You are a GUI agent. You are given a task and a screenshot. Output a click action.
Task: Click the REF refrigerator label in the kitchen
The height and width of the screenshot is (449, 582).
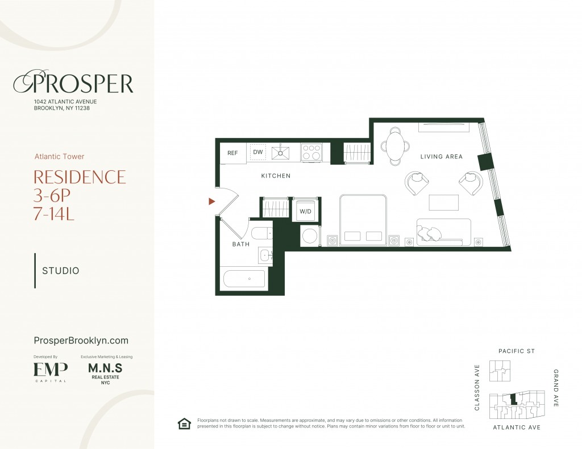pos(232,153)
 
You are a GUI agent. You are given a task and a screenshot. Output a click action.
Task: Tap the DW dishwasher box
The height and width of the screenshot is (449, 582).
pos(258,152)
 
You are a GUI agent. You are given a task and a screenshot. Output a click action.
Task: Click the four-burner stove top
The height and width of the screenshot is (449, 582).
pos(311,152)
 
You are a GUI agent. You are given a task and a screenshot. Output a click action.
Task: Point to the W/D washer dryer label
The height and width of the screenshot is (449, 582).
pos(305,212)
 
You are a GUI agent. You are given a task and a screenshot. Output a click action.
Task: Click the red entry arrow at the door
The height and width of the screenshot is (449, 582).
pos(211,201)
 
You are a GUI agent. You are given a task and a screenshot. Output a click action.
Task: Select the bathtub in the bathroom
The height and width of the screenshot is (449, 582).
pos(244,278)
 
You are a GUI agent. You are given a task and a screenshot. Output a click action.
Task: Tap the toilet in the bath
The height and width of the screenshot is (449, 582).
pos(262,234)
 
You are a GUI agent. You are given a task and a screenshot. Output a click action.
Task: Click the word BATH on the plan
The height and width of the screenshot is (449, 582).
pos(241,244)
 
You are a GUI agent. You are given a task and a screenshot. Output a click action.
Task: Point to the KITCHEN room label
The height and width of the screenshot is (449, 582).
pos(276,176)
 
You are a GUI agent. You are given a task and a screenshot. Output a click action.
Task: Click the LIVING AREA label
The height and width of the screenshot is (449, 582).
pos(442,157)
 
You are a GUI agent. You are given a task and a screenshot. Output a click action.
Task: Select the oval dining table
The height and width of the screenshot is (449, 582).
pos(395,145)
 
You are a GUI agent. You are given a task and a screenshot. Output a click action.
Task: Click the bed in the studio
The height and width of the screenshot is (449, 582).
pos(363,221)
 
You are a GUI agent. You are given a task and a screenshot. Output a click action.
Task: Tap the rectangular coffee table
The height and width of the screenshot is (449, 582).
pos(443,203)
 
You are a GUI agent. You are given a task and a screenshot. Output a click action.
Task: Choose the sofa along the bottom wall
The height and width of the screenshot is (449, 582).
pos(444,232)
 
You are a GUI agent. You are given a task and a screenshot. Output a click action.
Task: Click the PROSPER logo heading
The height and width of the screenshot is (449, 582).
pos(73,83)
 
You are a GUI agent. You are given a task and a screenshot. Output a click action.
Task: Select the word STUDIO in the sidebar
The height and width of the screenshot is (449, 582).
pos(61,271)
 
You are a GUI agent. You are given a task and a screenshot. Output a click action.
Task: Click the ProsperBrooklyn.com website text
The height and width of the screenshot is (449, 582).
pos(81,341)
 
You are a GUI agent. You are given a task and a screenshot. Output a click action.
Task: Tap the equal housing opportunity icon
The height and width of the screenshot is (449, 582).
pos(184,423)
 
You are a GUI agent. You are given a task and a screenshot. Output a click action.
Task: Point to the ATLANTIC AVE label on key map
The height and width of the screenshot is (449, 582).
pos(516,427)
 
